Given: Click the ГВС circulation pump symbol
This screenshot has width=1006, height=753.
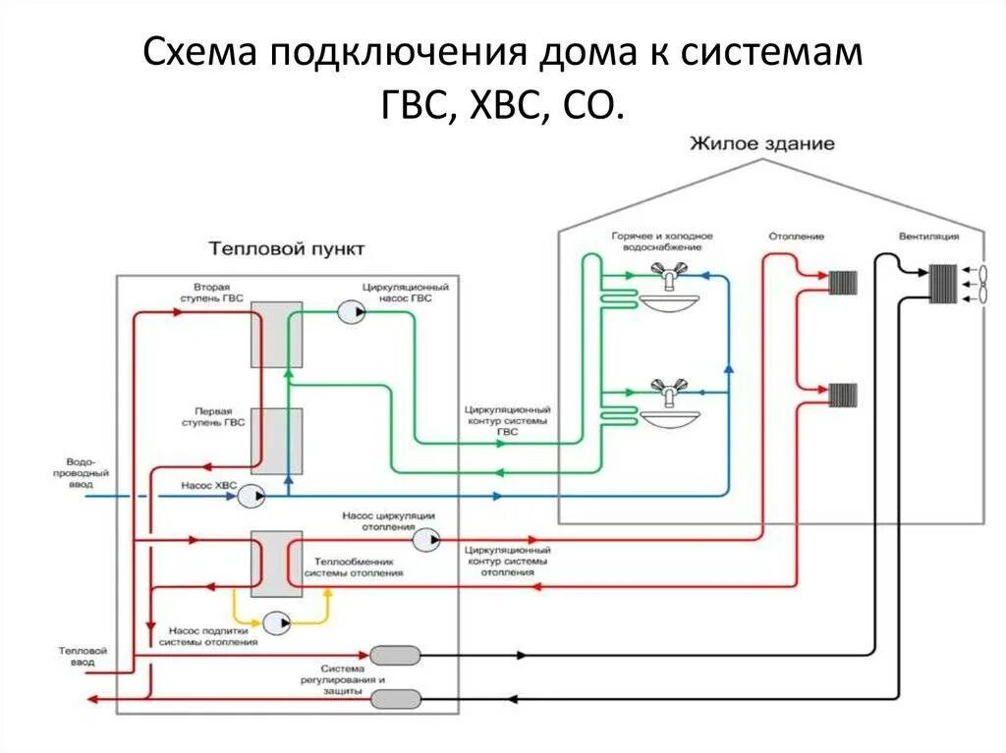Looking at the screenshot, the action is [x=351, y=312].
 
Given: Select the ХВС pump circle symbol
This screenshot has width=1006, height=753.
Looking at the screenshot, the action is [x=251, y=496].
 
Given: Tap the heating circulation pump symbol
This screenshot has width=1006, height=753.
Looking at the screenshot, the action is [x=425, y=540].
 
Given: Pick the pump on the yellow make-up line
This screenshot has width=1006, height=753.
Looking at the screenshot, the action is [x=276, y=622].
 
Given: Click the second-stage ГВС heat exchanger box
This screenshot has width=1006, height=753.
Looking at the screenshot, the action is [x=276, y=334].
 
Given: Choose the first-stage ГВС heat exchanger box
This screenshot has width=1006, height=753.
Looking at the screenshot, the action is [x=276, y=441].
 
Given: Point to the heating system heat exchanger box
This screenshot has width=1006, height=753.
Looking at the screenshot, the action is [x=276, y=564].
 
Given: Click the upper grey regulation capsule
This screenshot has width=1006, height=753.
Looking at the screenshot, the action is [x=395, y=656].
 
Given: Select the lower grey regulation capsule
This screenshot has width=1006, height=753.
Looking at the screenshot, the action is [x=397, y=698].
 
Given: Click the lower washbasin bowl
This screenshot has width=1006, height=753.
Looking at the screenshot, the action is [x=670, y=419].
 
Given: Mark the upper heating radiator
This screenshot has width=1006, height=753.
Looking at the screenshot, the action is [x=843, y=282].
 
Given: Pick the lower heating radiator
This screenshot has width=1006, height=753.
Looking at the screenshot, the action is [x=843, y=396].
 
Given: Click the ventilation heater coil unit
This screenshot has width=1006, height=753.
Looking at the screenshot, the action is [x=943, y=283].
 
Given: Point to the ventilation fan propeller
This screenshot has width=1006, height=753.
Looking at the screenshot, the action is [x=981, y=284].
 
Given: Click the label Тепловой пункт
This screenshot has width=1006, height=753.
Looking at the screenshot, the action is [x=286, y=248].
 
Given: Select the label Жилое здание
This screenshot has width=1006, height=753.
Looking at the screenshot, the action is [x=762, y=143].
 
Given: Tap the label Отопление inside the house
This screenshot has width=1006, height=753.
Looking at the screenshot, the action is [x=796, y=237].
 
